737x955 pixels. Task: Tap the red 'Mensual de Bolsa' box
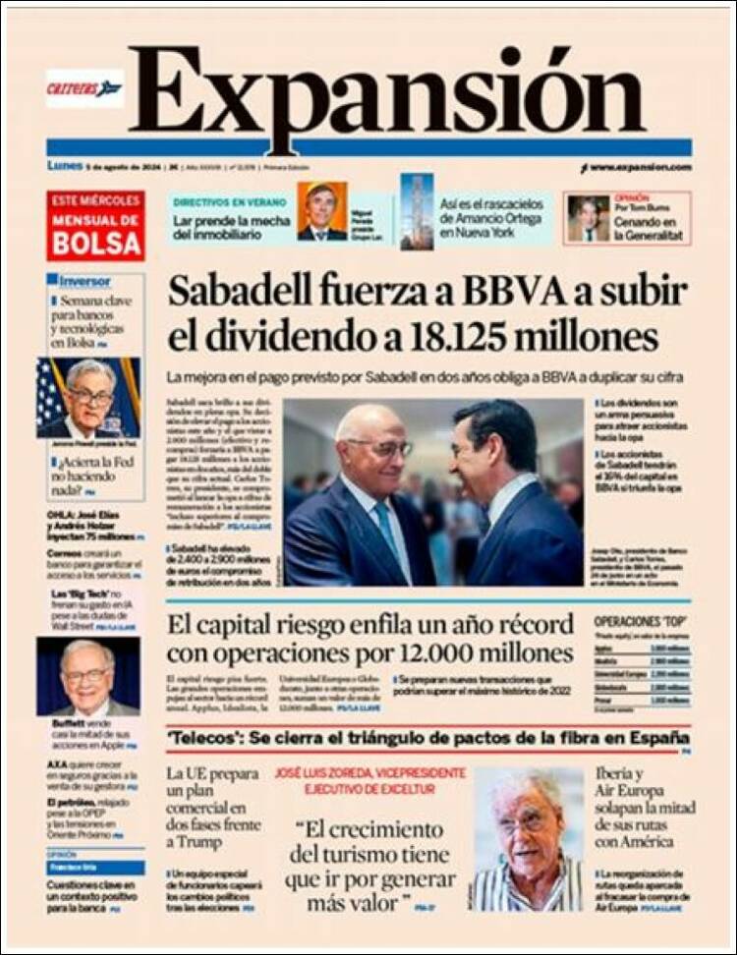[x=95, y=225]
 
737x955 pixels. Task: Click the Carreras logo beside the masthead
[x=85, y=88]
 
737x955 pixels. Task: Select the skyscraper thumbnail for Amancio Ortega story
[x=417, y=210]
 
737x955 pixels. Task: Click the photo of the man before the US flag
[x=88, y=397]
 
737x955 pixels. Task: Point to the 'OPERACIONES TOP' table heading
[x=640, y=622]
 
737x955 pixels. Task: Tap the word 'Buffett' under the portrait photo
[x=71, y=722]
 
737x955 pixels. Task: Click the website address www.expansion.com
[x=640, y=167]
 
